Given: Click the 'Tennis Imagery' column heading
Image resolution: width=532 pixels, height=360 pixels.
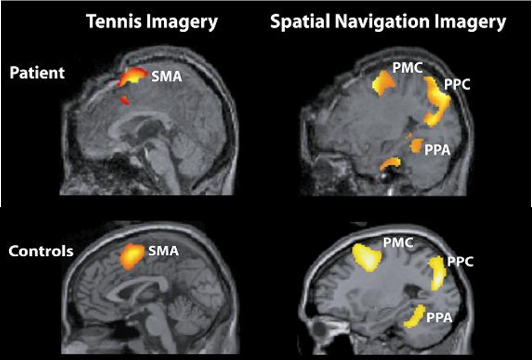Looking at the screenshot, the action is pos(151,21).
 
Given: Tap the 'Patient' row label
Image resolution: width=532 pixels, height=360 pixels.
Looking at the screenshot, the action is pos(37,73).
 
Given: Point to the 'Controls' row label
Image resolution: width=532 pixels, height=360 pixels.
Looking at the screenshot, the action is pos(41,251).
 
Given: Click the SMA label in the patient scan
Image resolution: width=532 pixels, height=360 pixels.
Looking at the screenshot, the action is pos(165,78).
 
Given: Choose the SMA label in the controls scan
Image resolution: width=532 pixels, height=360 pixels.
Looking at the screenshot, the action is pos(163,251).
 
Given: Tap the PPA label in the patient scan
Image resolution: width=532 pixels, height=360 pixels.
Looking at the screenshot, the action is pos(437,150).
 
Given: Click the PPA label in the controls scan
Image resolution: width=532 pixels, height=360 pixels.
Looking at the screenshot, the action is pos(439,316).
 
